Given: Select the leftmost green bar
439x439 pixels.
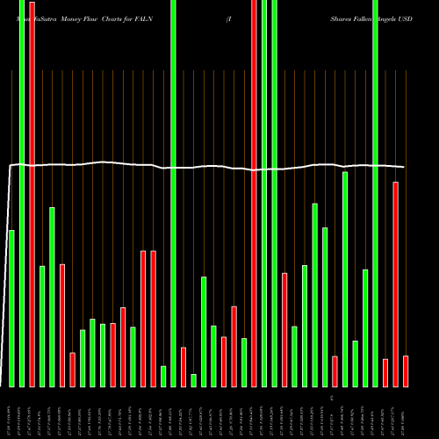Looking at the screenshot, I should (11, 307).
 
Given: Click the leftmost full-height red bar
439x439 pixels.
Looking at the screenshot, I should (32, 193).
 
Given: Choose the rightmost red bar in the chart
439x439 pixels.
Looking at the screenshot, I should (406, 371).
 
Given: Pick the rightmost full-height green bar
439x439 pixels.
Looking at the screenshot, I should (376, 193).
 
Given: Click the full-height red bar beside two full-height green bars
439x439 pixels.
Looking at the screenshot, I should (255, 193).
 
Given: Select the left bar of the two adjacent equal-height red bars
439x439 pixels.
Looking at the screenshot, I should (143, 319).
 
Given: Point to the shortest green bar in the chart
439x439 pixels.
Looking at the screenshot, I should (194, 380).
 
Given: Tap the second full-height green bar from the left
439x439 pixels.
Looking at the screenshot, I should (173, 193).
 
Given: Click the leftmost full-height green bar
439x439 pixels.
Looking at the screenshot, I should (22, 193).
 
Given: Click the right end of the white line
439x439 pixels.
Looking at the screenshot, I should (404, 167).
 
